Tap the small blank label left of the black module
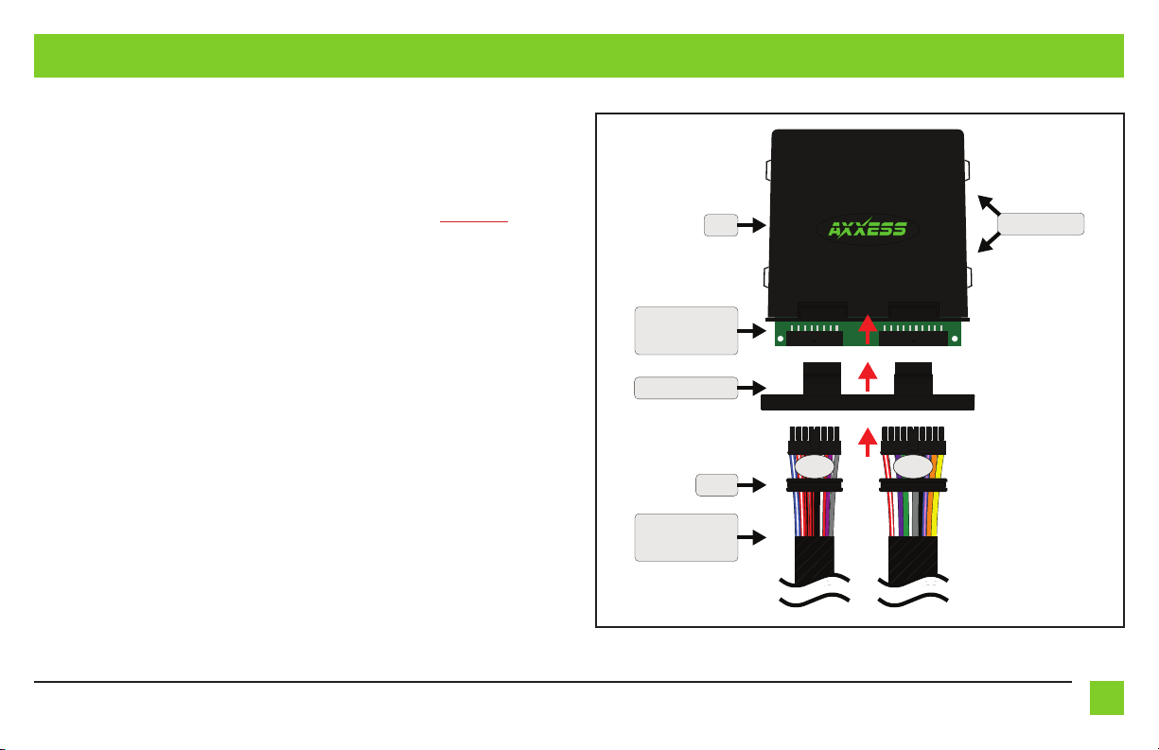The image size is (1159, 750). (722, 225)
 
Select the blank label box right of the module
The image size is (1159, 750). (1041, 224)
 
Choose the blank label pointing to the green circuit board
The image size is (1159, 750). (686, 330)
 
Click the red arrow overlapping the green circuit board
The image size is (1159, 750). (868, 329)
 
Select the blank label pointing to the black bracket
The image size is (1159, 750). (686, 387)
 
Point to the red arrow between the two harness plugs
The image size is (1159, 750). (868, 441)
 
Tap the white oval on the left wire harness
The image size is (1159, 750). (814, 467)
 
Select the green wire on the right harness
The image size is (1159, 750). (906, 515)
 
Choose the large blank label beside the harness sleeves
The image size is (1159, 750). (686, 537)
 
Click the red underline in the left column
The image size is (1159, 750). (474, 222)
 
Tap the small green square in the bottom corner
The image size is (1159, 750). (1106, 698)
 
